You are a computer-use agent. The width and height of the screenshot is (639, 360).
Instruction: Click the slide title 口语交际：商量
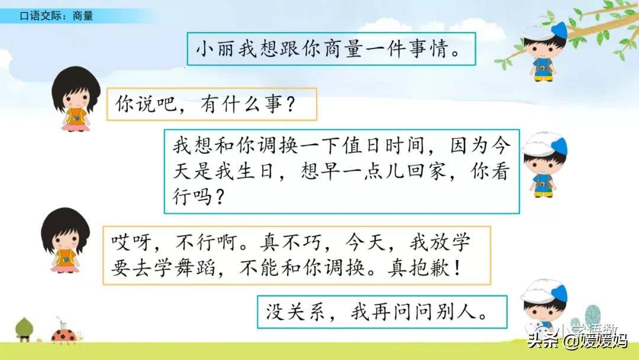56,17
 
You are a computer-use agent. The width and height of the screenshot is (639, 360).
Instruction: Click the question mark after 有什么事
289,106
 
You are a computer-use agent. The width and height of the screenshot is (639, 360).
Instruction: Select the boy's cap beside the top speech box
545,30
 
